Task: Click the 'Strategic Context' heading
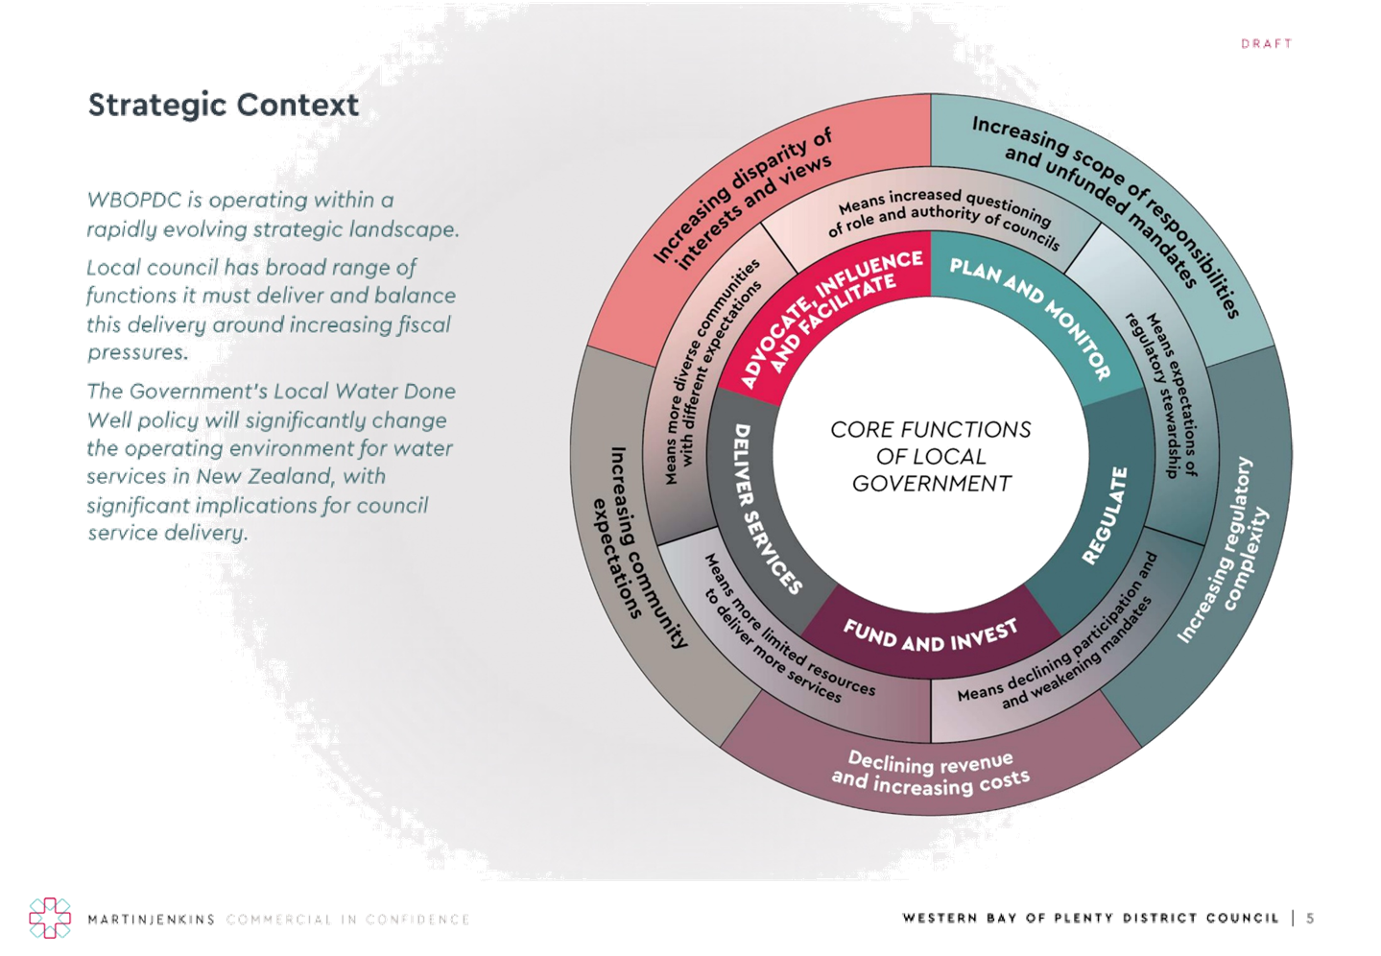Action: pyautogui.click(x=223, y=105)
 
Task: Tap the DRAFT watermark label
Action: pyautogui.click(x=1266, y=44)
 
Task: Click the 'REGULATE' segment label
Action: pyautogui.click(x=1106, y=514)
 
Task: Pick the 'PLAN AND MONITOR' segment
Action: pyautogui.click(x=1029, y=317)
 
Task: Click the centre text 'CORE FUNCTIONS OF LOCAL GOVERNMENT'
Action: pyautogui.click(x=930, y=457)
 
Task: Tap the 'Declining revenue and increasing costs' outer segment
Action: pyautogui.click(x=930, y=774)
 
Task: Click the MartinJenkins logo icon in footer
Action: pyautogui.click(x=50, y=919)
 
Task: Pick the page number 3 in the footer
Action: pyautogui.click(x=1311, y=919)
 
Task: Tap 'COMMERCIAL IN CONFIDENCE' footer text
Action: pyautogui.click(x=348, y=920)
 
